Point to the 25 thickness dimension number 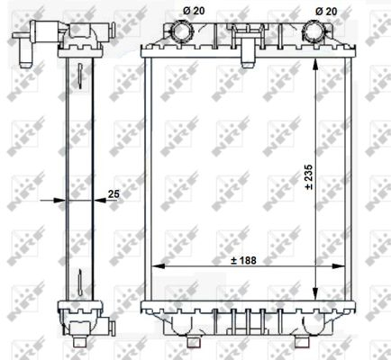pyautogui.click(x=113, y=192)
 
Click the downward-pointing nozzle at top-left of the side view pyautogui.click(x=23, y=51)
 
